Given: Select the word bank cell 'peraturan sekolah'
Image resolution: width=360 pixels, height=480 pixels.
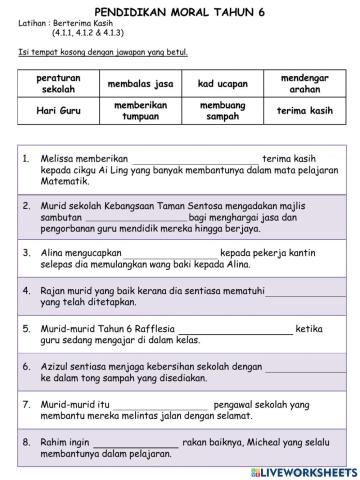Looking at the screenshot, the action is click(57, 83).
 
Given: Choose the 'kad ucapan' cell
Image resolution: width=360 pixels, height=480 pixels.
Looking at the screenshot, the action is click(221, 84).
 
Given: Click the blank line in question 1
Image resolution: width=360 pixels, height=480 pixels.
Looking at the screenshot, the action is click(193, 161).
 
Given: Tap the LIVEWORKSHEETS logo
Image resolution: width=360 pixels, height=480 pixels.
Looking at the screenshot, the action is click(305, 470).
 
